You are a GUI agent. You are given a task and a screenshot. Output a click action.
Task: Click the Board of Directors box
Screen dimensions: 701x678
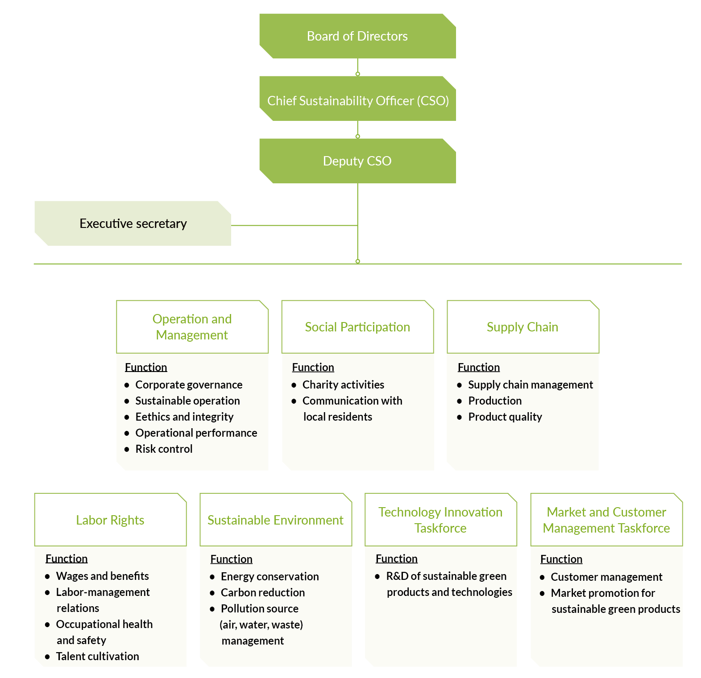pos(357,36)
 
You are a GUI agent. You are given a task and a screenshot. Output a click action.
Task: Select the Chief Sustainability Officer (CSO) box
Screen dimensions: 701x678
pos(357,99)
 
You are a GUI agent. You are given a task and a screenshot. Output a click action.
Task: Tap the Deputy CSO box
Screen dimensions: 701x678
pos(357,161)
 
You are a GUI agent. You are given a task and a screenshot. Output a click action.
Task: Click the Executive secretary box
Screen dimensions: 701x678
pos(133,223)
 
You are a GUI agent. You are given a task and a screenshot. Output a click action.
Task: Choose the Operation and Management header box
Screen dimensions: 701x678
pos(192,327)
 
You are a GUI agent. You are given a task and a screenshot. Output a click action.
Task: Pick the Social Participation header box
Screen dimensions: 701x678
pos(357,327)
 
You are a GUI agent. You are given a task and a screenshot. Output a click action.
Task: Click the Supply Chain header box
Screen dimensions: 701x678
pos(523,327)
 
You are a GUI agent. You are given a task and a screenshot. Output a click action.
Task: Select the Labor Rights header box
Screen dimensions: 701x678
pos(110,520)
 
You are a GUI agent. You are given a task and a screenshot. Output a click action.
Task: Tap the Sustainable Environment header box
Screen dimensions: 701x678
pos(276,520)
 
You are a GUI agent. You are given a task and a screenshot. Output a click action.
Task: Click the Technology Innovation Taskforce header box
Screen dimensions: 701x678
pos(441,520)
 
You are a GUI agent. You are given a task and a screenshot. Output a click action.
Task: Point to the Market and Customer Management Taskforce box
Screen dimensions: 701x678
pos(606,520)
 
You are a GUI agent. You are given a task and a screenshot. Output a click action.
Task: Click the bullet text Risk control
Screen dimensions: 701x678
pos(164,449)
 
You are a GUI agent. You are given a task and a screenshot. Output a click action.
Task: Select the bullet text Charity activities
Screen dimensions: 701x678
pos(343,384)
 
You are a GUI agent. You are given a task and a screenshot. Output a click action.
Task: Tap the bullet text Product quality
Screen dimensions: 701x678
pos(505,417)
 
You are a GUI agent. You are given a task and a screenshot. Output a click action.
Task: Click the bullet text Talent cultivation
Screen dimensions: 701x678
pos(97,656)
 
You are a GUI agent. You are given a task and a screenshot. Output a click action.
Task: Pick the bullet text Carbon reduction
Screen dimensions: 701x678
pos(263,592)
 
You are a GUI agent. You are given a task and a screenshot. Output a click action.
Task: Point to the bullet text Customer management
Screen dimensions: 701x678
pos(606,577)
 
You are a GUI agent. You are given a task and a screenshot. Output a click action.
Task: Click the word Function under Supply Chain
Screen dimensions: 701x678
pos(479,367)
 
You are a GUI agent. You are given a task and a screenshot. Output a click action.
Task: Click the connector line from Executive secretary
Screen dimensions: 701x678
pos(295,225)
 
